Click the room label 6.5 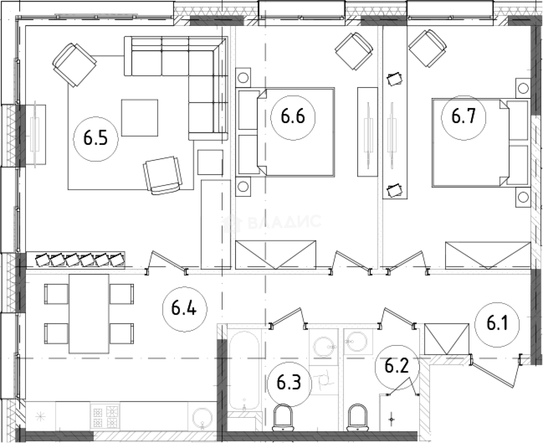[96, 139]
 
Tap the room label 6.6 [293, 117]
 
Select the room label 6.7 [463, 117]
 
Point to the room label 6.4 [184, 309]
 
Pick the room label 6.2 [397, 367]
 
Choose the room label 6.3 [289, 383]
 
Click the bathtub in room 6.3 [244, 370]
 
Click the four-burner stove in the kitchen [105, 416]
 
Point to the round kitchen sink [202, 417]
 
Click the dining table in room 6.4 [89, 314]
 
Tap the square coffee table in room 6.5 [139, 117]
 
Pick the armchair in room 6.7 [427, 49]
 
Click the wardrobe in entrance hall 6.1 [446, 339]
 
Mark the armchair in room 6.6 [354, 51]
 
